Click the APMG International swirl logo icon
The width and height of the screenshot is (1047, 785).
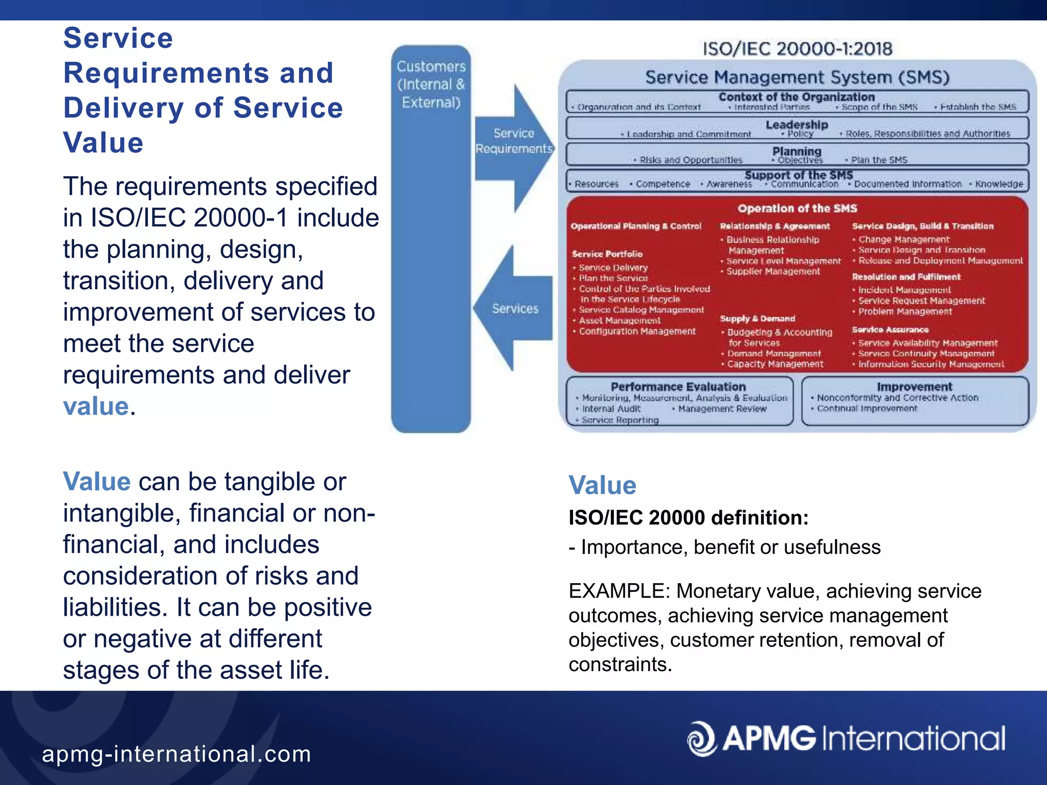702,738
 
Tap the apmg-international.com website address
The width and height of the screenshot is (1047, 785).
176,754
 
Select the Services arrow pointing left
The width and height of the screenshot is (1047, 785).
513,309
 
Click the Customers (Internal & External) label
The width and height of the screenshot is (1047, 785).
431,84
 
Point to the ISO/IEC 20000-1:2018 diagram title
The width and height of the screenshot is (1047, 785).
797,49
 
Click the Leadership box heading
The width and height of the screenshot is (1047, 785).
796,124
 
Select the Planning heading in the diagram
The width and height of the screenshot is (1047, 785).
796,151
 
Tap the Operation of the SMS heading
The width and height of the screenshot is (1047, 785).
797,208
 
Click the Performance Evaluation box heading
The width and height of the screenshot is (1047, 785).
678,386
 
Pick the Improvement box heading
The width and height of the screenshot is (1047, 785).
915,386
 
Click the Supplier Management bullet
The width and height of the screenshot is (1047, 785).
772,271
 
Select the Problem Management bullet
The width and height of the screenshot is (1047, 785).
904,311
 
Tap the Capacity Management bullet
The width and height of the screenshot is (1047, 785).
775,364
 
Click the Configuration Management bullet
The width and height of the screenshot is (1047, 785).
637,331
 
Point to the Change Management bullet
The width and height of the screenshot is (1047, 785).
903,239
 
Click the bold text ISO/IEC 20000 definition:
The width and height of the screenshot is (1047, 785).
688,518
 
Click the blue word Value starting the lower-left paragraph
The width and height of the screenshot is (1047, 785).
97,481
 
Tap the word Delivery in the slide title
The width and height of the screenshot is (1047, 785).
123,108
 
